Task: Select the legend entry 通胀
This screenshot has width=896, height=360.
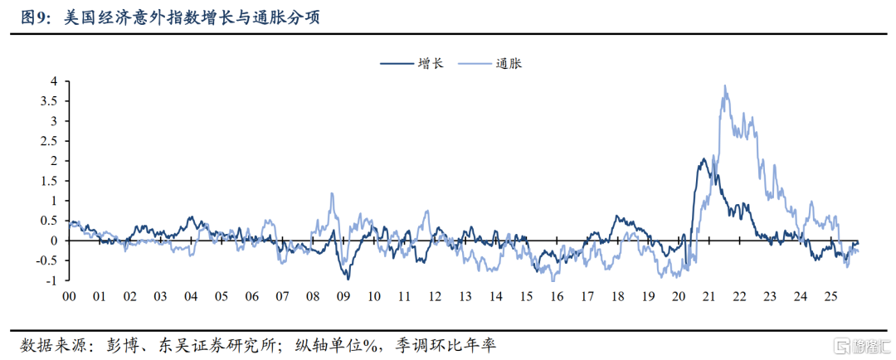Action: pos(507,63)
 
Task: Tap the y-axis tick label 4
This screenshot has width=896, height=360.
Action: pos(54,81)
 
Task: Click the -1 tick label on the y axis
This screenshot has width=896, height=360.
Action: pos(51,280)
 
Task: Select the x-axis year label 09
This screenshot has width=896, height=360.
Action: pos(342,296)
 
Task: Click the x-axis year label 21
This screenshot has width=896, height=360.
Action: pos(709,296)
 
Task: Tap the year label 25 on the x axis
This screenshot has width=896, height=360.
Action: pos(830,296)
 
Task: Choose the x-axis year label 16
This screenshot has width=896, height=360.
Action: pos(556,296)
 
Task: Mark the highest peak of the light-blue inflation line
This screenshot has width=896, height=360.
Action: pos(725,85)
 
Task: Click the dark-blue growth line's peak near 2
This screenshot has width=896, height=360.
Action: pos(704,158)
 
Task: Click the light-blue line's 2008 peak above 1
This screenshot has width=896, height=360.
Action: pos(332,193)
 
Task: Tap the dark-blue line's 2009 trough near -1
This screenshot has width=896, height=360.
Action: pos(348,278)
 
